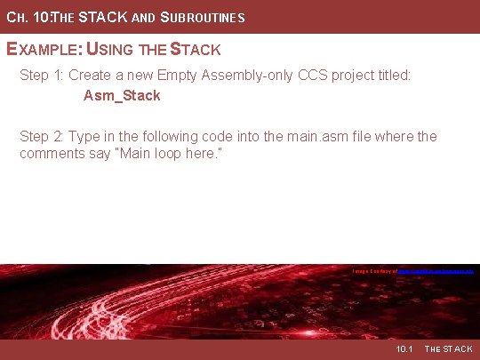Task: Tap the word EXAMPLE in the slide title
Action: [42, 50]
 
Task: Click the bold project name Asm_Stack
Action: [122, 95]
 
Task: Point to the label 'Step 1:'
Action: [42, 76]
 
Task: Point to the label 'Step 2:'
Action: [42, 136]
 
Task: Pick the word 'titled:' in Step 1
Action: [392, 76]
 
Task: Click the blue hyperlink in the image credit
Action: [435, 270]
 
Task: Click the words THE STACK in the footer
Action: [449, 349]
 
